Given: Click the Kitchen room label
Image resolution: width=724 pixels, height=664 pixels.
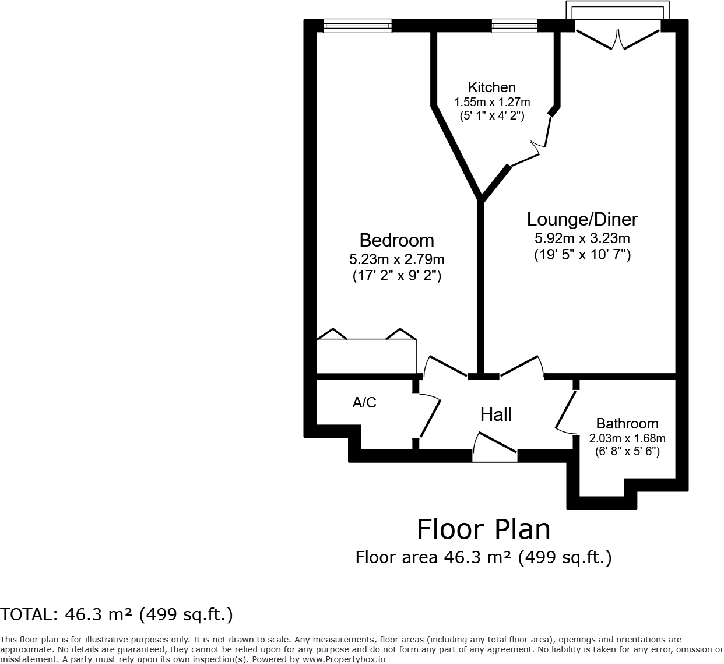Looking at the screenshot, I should pos(492,87).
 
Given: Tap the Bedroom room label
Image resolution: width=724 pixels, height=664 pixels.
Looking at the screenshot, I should pos(396,240).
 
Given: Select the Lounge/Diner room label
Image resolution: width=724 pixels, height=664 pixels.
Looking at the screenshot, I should pos(582,219).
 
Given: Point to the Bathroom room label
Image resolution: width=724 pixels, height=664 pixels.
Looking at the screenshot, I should pos(627,423).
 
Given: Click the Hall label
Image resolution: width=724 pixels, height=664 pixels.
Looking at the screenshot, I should pos(495,414).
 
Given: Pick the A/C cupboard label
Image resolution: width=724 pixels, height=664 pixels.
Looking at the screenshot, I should pos(364,402).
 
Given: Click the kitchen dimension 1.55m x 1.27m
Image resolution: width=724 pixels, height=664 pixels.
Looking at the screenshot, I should pos(492,102).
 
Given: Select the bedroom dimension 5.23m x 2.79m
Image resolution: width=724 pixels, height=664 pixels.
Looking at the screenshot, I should pos(396,259).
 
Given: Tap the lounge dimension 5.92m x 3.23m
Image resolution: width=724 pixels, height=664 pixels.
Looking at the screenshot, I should pos(582,238).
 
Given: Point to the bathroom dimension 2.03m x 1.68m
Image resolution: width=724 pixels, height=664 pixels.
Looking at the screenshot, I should pos(627,438).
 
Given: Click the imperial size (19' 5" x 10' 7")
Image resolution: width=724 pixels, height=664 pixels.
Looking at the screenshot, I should pos(582,255).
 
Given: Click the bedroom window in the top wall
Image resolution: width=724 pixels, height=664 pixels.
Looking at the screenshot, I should pos(357,25).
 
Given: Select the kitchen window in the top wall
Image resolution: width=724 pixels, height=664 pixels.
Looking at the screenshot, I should pos(514,25).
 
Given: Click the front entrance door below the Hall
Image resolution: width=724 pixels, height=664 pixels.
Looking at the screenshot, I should pos(495,449).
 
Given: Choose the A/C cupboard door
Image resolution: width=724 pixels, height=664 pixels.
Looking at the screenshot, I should pos(430,417).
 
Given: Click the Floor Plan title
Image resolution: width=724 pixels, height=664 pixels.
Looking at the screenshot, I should pos(483,529).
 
